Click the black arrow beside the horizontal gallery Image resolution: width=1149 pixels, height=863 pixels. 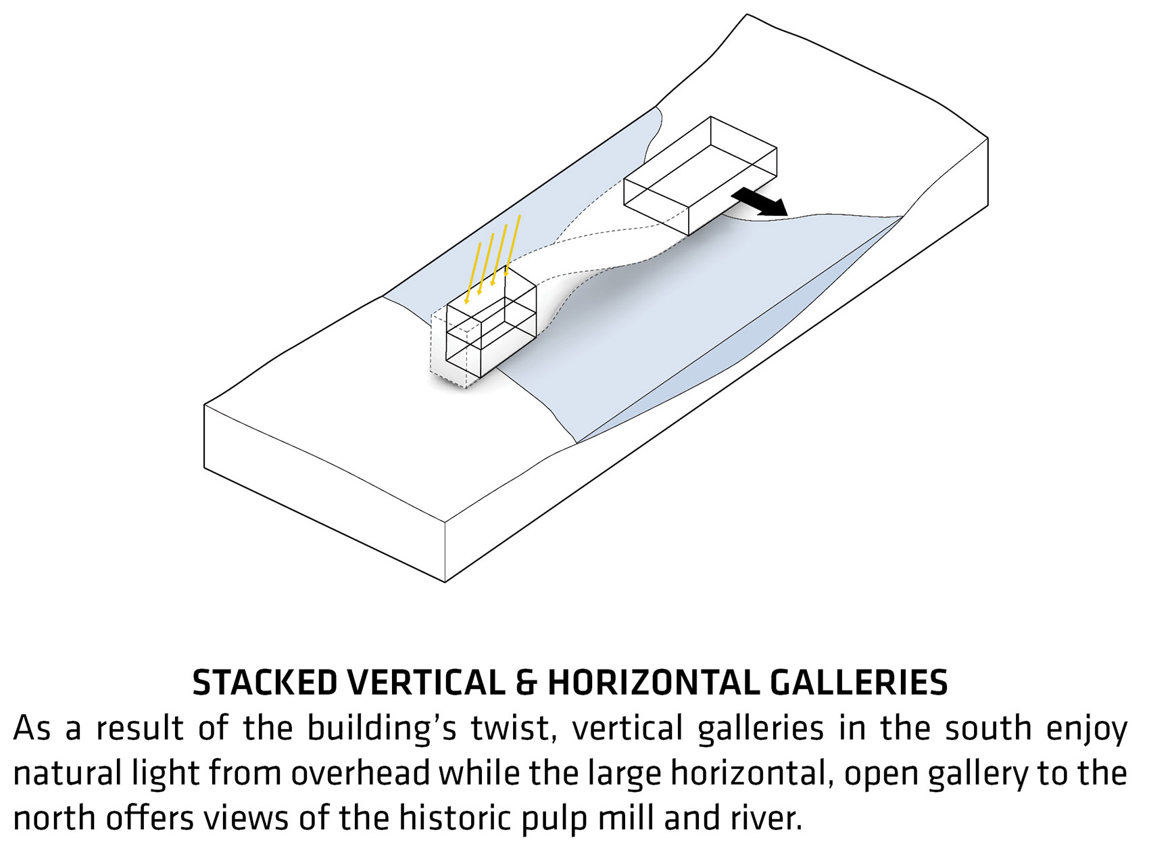759,202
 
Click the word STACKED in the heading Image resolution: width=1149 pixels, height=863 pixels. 265,683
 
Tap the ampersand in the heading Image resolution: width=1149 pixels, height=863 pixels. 526,683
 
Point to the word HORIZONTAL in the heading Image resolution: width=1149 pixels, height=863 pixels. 653,683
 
